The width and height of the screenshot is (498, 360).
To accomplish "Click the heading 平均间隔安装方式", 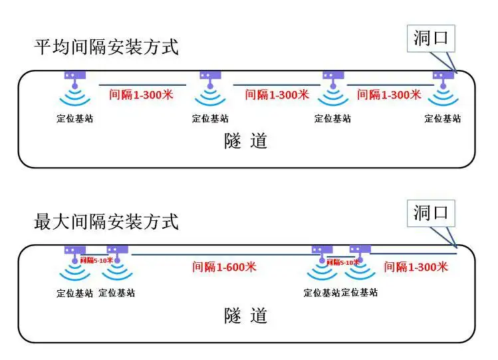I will pos(106,47).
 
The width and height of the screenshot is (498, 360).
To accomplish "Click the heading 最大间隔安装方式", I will pos(106,221).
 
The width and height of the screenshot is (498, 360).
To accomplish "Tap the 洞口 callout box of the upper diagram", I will pos(432,39).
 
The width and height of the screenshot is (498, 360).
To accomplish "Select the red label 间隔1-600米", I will pos(224,267).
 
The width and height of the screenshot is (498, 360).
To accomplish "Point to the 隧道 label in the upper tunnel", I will pos(245,141).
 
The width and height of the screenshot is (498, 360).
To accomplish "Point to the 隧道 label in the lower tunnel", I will pos(245,315).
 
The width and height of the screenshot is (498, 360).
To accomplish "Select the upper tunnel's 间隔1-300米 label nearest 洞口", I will pos(389,94).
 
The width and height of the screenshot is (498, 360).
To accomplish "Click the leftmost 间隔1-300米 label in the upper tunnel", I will pos(141,94).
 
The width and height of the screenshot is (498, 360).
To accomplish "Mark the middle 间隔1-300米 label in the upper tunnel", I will pos(277,94).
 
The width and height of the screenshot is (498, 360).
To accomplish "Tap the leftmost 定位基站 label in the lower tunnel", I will pos(74,293).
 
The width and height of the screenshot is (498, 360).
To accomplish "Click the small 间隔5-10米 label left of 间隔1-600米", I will pos(96,260).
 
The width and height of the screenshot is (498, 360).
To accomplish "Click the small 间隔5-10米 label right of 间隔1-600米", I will pos(342,262).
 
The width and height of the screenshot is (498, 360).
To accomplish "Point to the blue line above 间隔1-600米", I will pos(219,254).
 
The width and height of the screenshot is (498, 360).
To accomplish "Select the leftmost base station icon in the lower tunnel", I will pos(74,263).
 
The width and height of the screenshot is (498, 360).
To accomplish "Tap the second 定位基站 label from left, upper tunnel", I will pos(210,118).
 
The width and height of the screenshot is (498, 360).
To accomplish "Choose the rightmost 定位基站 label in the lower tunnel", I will pos(360,293).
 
